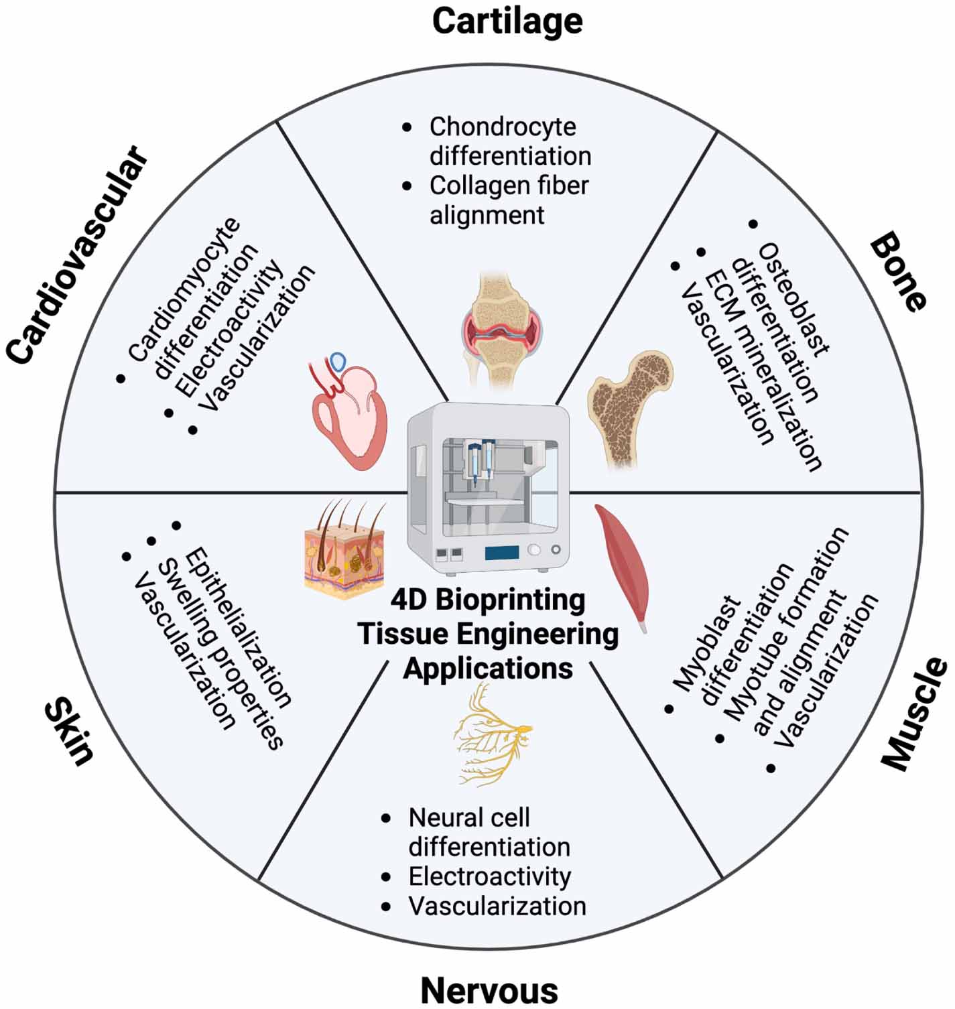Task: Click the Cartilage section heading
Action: (x=507, y=21)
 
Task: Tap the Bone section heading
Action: (x=898, y=271)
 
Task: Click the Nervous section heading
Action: (x=489, y=990)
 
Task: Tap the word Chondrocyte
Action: (x=503, y=127)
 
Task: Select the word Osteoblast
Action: (x=794, y=298)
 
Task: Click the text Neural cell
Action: (x=469, y=818)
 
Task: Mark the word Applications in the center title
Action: (x=488, y=669)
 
